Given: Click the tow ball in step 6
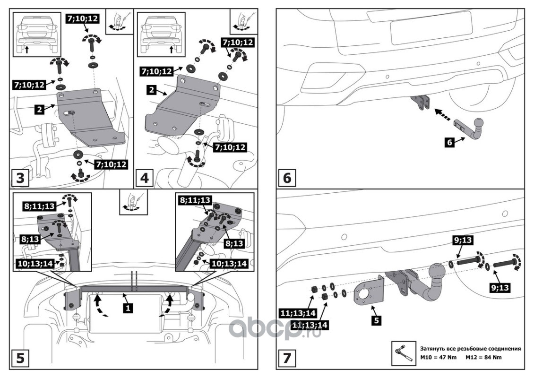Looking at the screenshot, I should point(479,124).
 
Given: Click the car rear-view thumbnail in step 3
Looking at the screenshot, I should point(36,34).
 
